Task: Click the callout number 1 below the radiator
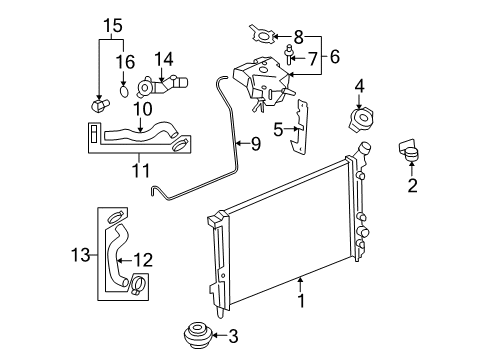pyautogui.click(x=301, y=301)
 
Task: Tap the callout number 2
pyautogui.click(x=412, y=185)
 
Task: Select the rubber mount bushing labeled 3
pyautogui.click(x=198, y=335)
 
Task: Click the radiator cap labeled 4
pyautogui.click(x=360, y=120)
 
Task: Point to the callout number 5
pyautogui.click(x=278, y=129)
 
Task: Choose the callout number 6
pyautogui.click(x=335, y=56)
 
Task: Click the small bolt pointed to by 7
pyautogui.click(x=289, y=55)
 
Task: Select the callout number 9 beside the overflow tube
pyautogui.click(x=256, y=144)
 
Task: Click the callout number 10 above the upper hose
pyautogui.click(x=143, y=109)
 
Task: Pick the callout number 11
pyautogui.click(x=141, y=171)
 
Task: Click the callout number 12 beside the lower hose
pyautogui.click(x=143, y=260)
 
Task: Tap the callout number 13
pyautogui.click(x=81, y=255)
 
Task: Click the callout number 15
pyautogui.click(x=113, y=26)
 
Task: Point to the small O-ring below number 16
pyautogui.click(x=124, y=91)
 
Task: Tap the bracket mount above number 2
pyautogui.click(x=409, y=150)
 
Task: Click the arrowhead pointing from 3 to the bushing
pyautogui.click(x=214, y=335)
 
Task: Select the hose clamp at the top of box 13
pyautogui.click(x=115, y=217)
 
